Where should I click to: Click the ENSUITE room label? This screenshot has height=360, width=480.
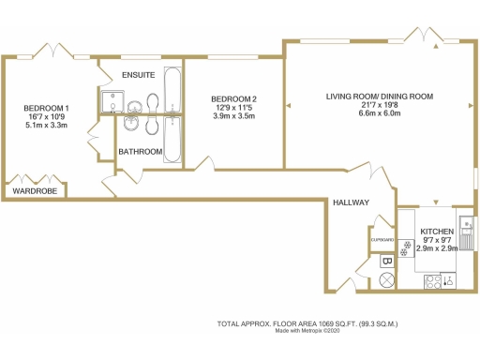128,75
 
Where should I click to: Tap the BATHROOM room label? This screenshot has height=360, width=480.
140,150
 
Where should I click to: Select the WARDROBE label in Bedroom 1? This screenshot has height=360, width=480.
34,191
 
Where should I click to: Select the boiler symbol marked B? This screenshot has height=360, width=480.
386,262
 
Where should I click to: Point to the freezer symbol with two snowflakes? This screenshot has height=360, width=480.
406,249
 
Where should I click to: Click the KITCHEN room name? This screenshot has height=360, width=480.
437,231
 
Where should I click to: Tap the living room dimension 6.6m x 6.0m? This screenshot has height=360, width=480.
379,115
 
